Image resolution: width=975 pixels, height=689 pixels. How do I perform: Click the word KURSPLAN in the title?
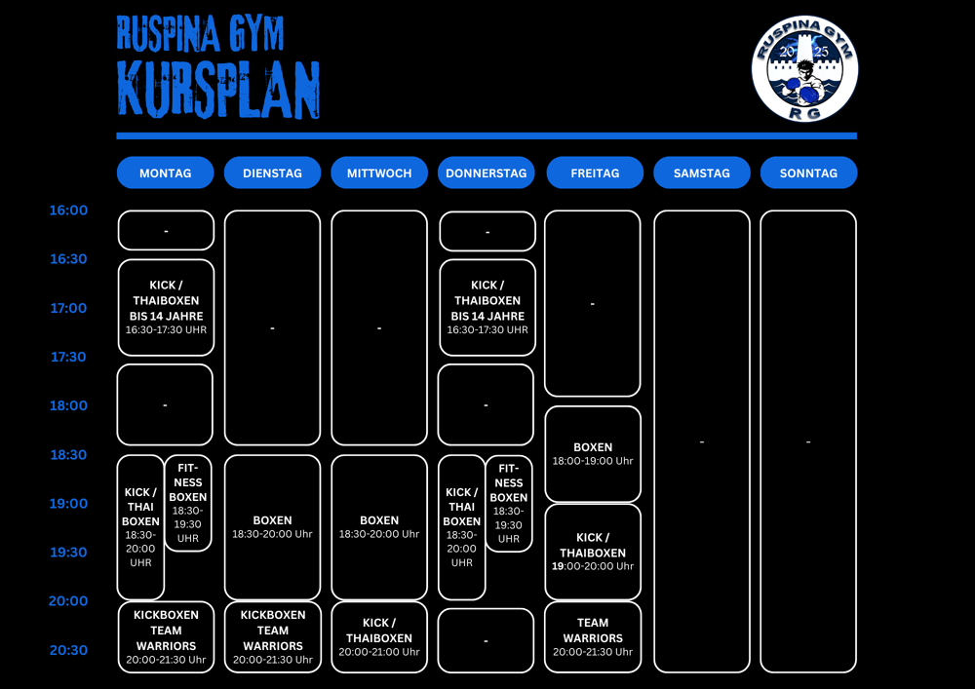(x=218, y=89)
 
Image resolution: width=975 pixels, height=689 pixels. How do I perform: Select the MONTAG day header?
(x=165, y=172)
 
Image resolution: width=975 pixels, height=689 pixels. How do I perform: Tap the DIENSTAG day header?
(x=272, y=172)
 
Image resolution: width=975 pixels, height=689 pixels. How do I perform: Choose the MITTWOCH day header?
(x=379, y=172)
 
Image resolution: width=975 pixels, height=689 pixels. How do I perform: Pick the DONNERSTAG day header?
(x=486, y=172)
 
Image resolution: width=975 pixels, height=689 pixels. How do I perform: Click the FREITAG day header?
(x=595, y=172)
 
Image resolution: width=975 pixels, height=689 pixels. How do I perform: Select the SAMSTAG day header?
(x=702, y=172)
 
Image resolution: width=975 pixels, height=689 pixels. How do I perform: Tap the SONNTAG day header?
(x=808, y=172)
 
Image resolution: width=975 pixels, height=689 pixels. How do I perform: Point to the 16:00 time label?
(x=68, y=211)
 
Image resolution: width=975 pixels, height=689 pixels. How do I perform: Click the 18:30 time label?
(x=68, y=455)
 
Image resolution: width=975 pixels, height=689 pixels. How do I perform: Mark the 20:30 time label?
(x=68, y=650)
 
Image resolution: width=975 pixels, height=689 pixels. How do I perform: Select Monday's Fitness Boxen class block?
(x=188, y=503)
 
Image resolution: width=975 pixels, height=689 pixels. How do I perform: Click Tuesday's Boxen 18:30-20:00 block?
(x=272, y=526)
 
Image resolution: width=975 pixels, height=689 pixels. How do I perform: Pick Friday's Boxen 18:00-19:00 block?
(x=593, y=454)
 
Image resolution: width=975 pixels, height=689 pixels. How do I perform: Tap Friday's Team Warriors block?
(x=593, y=636)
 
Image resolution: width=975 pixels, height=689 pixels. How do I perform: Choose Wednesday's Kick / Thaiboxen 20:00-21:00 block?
(x=379, y=636)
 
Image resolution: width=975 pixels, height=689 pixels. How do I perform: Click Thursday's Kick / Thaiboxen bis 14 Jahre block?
(x=487, y=307)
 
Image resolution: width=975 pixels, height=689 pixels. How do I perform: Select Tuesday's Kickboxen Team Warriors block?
(x=272, y=636)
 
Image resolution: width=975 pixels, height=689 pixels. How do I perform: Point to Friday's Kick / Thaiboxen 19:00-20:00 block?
(x=593, y=552)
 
